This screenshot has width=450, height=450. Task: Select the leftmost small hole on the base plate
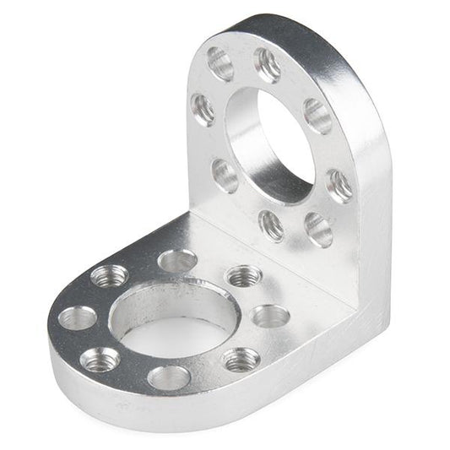click(78, 318)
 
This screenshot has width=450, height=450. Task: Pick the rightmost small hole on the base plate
click(271, 317)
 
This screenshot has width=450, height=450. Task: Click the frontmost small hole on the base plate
click(168, 377)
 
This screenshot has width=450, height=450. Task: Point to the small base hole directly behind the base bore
click(177, 261)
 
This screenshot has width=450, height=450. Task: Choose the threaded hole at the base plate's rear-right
click(244, 275)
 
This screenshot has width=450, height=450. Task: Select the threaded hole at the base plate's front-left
click(99, 361)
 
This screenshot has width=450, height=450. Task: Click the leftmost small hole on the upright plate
click(203, 109)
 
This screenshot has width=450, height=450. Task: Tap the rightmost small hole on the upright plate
click(339, 185)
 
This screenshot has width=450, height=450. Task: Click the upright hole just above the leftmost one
click(221, 63)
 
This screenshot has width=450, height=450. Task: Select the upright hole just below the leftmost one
click(225, 175)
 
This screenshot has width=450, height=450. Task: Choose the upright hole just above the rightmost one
click(318, 116)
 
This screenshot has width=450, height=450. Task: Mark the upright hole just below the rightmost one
click(318, 227)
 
